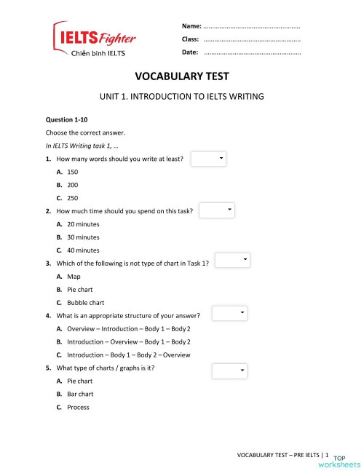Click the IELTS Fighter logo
(x=93, y=41)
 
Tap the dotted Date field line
(x=252, y=53)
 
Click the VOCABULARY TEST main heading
(x=181, y=76)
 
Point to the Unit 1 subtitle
(x=181, y=96)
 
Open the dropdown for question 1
(x=209, y=158)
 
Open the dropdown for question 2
(x=218, y=210)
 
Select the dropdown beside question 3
(x=233, y=261)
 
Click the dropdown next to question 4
(x=230, y=313)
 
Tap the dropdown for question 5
(x=230, y=371)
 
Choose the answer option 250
(x=71, y=197)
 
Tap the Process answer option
(x=77, y=407)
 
